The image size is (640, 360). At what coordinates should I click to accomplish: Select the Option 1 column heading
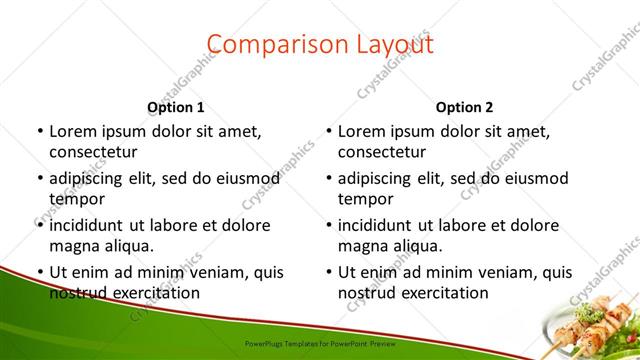pyautogui.click(x=176, y=107)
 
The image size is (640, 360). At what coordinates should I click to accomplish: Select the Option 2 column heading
pyautogui.click(x=465, y=107)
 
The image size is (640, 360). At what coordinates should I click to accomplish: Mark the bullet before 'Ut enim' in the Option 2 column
pyautogui.click(x=327, y=272)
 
